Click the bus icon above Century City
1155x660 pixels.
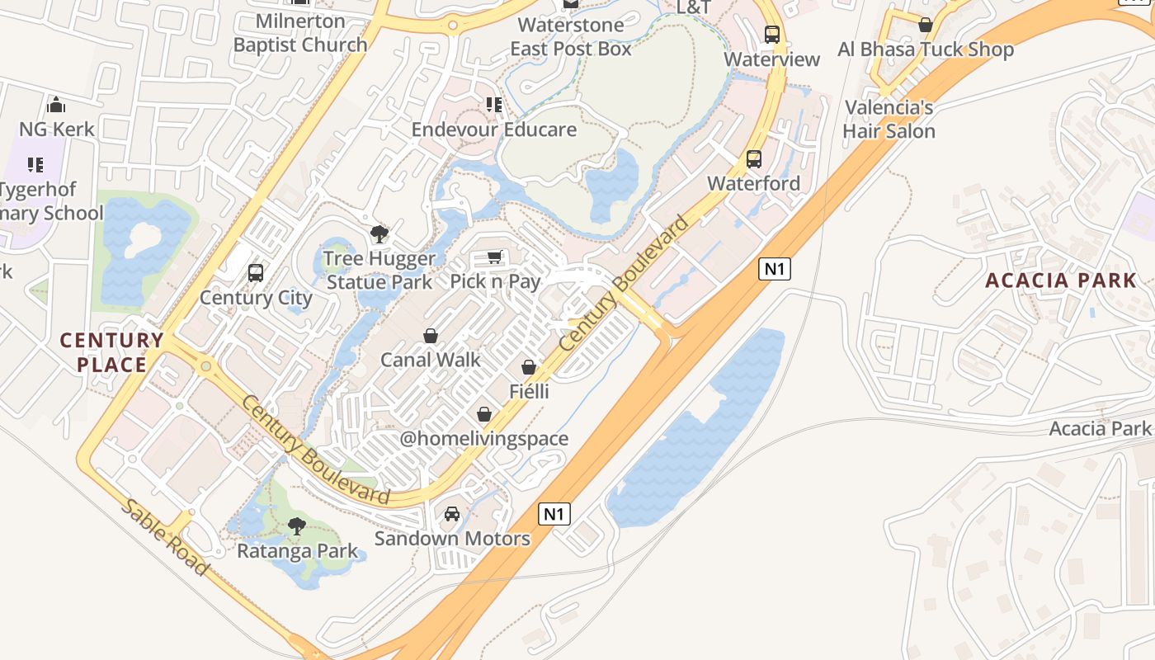click(x=256, y=272)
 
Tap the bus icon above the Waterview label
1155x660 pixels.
click(x=772, y=35)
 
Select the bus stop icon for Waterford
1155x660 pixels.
click(x=754, y=159)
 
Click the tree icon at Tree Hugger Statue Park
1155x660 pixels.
click(x=379, y=234)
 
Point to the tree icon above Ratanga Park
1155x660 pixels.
click(x=297, y=526)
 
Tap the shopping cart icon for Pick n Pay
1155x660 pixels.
click(x=495, y=257)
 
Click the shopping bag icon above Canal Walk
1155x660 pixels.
click(x=431, y=336)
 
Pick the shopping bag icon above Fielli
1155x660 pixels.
click(x=529, y=367)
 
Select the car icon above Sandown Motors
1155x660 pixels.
click(x=452, y=514)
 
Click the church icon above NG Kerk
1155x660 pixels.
click(x=56, y=105)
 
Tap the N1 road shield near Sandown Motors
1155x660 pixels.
click(x=554, y=514)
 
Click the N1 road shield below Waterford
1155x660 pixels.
click(x=775, y=268)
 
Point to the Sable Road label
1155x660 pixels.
click(x=165, y=537)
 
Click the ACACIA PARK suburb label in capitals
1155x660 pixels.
click(x=1061, y=280)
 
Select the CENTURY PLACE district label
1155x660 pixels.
click(x=111, y=352)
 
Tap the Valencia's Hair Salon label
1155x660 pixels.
click(x=889, y=120)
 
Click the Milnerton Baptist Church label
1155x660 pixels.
click(x=300, y=33)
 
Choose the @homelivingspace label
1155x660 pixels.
click(x=484, y=439)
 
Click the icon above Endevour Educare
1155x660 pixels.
click(x=494, y=105)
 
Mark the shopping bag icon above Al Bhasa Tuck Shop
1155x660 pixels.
click(x=926, y=25)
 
